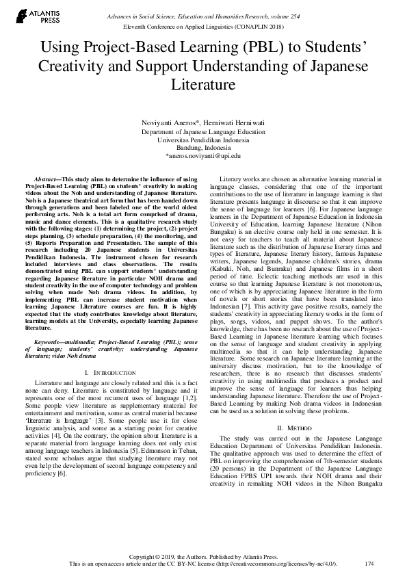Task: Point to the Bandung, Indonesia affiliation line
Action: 203,147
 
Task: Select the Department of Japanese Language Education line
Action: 203,130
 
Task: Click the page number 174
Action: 369,563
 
